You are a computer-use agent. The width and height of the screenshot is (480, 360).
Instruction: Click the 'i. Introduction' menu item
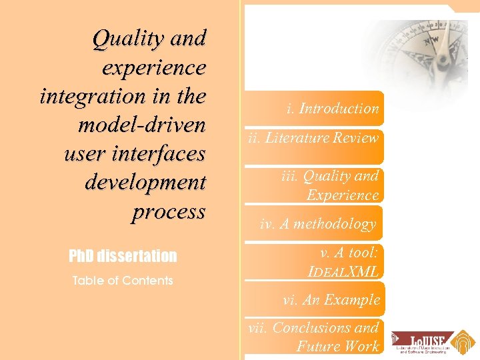click(332, 109)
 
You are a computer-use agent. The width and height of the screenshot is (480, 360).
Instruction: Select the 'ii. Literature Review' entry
click(313, 139)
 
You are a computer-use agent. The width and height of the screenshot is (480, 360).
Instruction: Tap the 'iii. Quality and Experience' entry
click(329, 185)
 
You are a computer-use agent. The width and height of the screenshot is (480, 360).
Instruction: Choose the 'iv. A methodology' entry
click(318, 224)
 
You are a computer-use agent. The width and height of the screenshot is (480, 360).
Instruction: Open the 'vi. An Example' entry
click(331, 300)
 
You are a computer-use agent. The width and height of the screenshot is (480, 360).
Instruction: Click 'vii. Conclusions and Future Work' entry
click(313, 337)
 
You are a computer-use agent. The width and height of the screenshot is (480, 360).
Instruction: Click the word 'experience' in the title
click(154, 67)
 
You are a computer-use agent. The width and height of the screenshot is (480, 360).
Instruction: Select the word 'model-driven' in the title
click(142, 125)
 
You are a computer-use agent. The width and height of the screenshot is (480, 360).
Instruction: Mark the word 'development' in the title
click(145, 182)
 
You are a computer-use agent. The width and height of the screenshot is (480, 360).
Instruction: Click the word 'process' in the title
click(169, 211)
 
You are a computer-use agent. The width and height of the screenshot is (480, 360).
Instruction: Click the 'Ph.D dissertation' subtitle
click(123, 256)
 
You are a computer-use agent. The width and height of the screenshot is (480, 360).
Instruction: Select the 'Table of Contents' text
click(122, 281)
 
